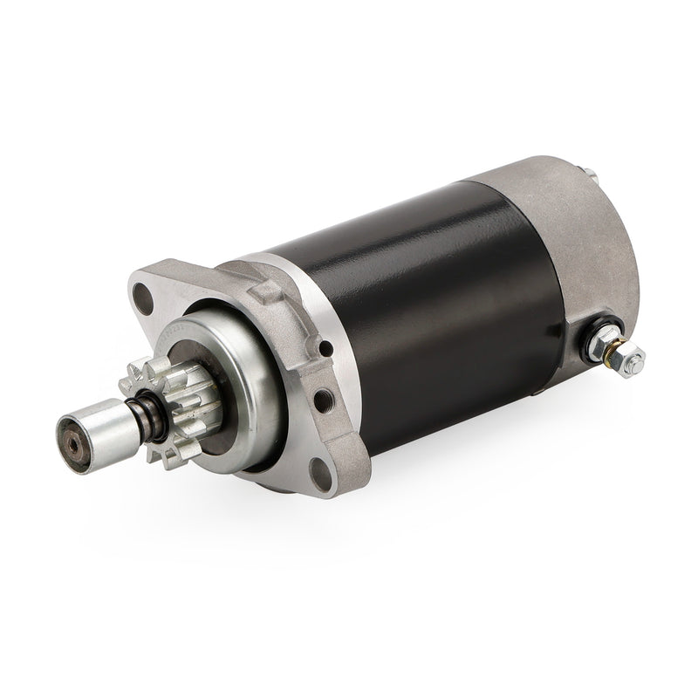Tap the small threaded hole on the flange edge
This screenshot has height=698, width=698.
click(325, 400)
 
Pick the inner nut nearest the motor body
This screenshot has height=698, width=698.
click(598, 340)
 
